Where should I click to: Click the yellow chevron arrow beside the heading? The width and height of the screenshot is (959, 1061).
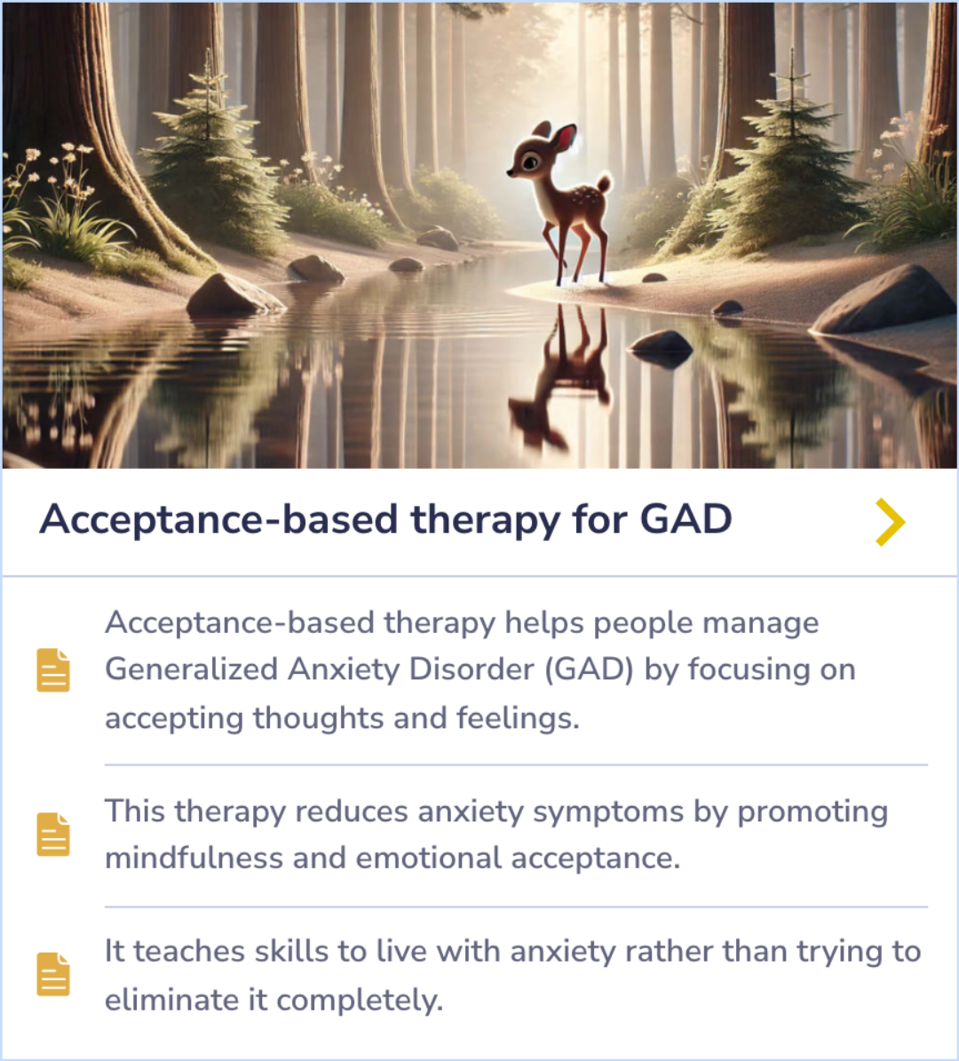(890, 521)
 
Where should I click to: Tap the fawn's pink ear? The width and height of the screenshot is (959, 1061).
(564, 138)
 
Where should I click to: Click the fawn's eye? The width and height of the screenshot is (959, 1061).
(530, 162)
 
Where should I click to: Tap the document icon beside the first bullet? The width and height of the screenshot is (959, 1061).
(53, 669)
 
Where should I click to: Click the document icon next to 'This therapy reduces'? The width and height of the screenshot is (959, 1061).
(53, 834)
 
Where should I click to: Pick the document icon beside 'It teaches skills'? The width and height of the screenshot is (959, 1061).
(53, 974)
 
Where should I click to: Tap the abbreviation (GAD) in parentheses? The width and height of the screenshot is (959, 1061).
(588, 669)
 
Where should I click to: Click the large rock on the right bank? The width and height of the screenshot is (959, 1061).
(884, 299)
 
